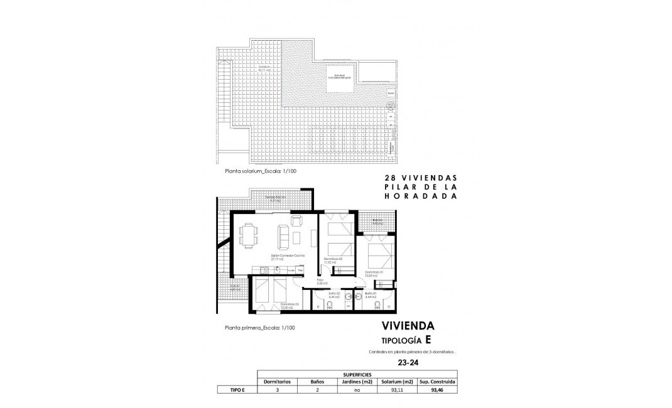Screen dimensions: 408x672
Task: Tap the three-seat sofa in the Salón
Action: pyautogui.click(x=283, y=236)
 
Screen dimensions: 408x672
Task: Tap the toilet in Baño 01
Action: pyautogui.click(x=376, y=306)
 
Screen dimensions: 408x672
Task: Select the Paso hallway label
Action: pyautogui.click(x=320, y=282)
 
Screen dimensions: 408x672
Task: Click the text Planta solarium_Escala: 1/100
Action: pyautogui.click(x=259, y=170)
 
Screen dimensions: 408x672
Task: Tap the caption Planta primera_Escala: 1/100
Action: pyautogui.click(x=259, y=328)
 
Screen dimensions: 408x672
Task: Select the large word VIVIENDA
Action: pyautogui.click(x=408, y=326)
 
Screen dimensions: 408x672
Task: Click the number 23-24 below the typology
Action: pyautogui.click(x=408, y=362)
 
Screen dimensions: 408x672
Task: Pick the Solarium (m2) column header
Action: pyautogui.click(x=398, y=381)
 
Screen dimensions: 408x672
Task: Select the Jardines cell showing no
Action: pyautogui.click(x=357, y=389)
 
